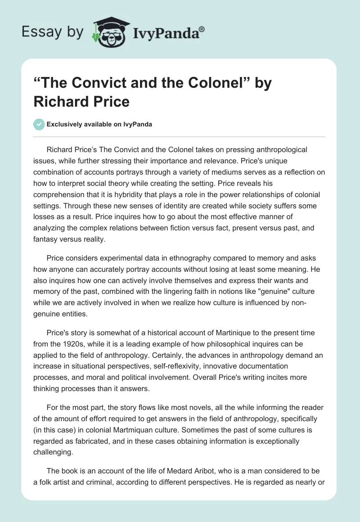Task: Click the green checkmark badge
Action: (x=39, y=124)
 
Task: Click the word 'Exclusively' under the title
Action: (x=66, y=125)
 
